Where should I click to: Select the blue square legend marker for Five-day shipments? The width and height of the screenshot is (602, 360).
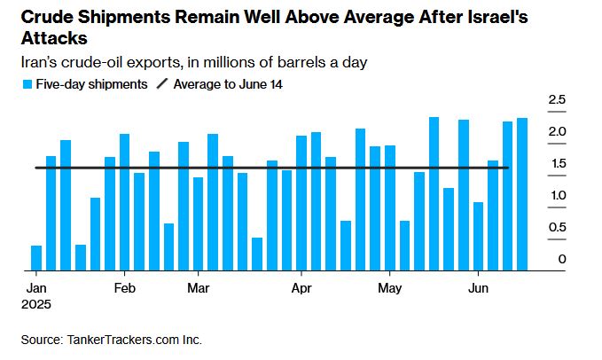pyautogui.click(x=27, y=84)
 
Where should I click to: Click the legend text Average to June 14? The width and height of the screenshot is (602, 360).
pyautogui.click(x=228, y=84)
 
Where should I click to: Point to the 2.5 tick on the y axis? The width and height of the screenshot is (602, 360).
pyautogui.click(x=556, y=100)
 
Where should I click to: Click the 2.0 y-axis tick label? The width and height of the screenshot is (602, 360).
pyautogui.click(x=556, y=132)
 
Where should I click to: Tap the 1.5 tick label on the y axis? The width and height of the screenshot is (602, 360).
pyautogui.click(x=556, y=164)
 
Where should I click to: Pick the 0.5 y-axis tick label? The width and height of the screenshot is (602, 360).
pyautogui.click(x=556, y=228)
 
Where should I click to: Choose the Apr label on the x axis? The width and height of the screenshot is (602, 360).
pyautogui.click(x=301, y=288)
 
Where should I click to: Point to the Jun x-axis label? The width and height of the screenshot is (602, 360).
pyautogui.click(x=478, y=288)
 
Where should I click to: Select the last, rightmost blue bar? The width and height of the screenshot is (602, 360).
pyautogui.click(x=522, y=193)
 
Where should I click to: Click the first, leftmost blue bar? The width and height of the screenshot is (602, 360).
pyautogui.click(x=36, y=257)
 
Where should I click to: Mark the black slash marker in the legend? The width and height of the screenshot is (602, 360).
pyautogui.click(x=161, y=84)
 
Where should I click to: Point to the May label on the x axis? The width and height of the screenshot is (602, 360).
pyautogui.click(x=389, y=288)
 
